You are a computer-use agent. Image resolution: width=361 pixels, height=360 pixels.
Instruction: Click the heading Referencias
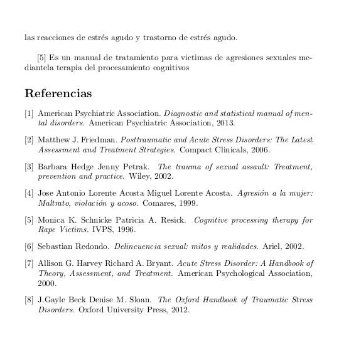click(58, 94)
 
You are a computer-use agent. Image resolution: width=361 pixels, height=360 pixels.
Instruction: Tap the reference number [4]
click(29, 194)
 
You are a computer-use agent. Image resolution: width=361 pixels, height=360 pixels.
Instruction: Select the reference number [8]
click(29, 300)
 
